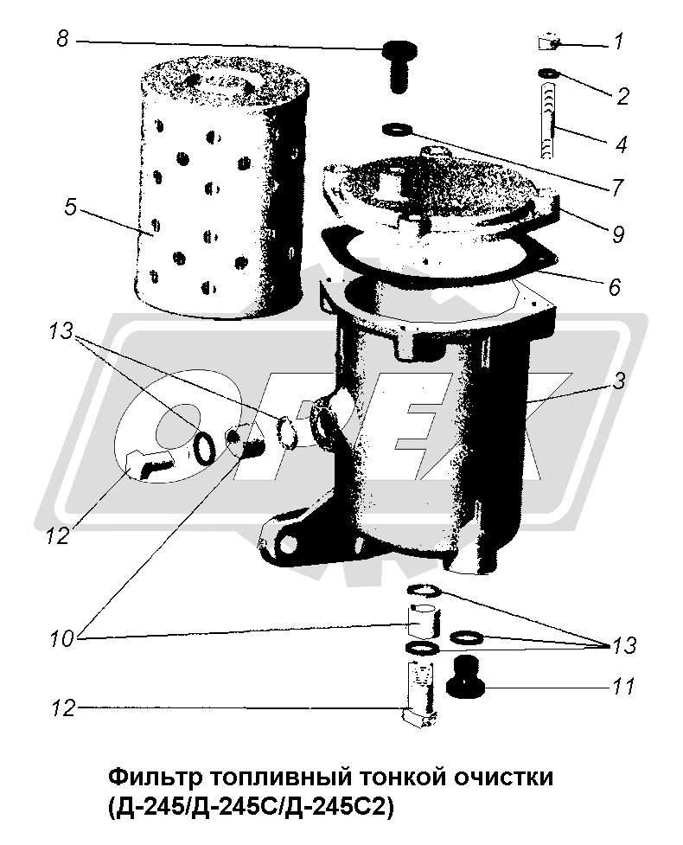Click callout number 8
(64, 39)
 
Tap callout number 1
(619, 42)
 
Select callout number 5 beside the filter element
(71, 207)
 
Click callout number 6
(615, 286)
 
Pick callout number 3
(619, 381)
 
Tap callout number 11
(623, 687)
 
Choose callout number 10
(61, 639)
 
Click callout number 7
(616, 188)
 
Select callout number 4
(621, 144)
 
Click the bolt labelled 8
(398, 67)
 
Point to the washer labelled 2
(549, 74)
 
